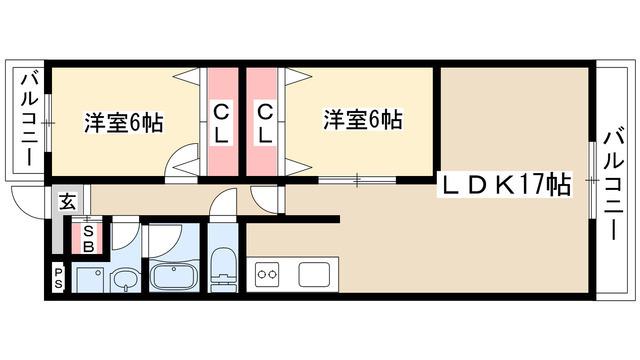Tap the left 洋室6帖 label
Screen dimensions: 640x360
click(124, 122)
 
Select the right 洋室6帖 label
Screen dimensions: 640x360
click(363, 119)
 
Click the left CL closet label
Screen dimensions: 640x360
click(221, 123)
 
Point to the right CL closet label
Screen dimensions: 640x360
click(264, 123)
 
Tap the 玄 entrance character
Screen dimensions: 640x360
click(68, 201)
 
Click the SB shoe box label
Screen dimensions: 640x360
click(89, 239)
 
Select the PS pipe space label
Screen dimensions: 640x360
click(58, 278)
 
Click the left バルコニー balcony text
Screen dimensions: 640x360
click(29, 120)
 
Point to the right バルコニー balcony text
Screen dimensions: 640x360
click(613, 185)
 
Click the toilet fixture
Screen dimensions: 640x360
click(223, 269)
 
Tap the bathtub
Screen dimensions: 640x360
click(174, 276)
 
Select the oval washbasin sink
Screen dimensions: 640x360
click(127, 280)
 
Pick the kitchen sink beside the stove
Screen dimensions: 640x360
click(313, 275)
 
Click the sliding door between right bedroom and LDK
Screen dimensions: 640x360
click(357, 180)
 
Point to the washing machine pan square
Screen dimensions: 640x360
click(88, 280)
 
